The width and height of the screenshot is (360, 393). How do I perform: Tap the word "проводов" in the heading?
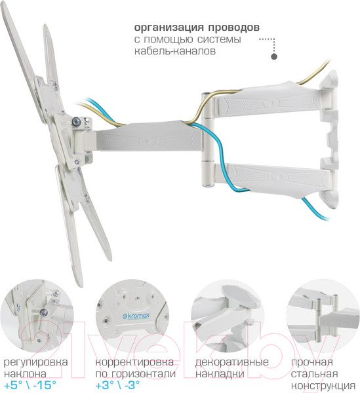click(x=234, y=28)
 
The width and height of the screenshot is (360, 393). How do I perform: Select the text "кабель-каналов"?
click(x=175, y=51)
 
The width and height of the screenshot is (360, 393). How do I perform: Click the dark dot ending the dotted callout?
click(x=274, y=56)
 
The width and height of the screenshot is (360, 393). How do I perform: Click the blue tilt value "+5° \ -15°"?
click(x=30, y=385)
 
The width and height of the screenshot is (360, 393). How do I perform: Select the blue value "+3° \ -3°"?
click(x=117, y=385)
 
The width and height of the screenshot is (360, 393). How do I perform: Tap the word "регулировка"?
click(x=36, y=363)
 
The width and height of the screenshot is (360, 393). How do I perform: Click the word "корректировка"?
click(x=134, y=362)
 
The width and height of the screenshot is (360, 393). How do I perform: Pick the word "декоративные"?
click(x=232, y=362)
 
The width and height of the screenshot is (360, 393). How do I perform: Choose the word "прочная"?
click(x=312, y=362)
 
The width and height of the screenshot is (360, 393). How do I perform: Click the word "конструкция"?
click(x=323, y=386)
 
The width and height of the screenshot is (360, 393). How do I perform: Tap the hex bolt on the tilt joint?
click(x=76, y=122)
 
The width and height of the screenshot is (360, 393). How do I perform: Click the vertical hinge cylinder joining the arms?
click(x=209, y=140)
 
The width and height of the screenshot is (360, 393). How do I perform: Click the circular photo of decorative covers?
click(x=228, y=316)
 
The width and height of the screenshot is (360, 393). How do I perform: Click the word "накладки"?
click(x=220, y=374)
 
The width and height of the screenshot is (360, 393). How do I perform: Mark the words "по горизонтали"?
click(x=136, y=374)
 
